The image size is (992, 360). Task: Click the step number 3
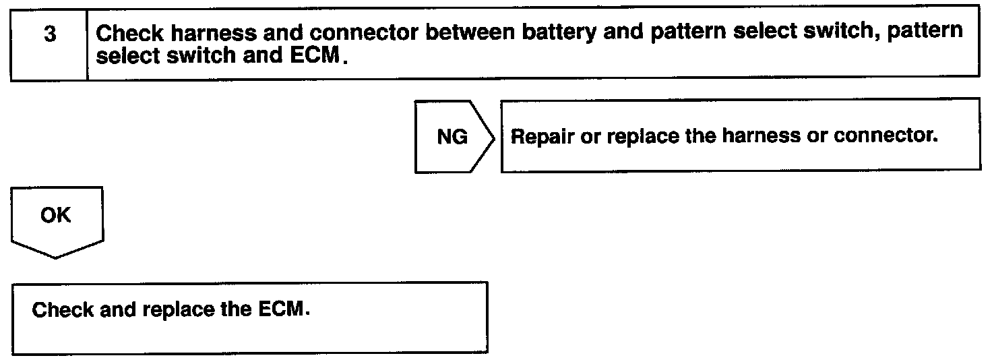coord(49,34)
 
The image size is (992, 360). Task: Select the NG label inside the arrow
coord(452,138)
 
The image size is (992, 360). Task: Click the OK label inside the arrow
coord(55,215)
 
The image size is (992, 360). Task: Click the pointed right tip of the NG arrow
coord(495,137)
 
